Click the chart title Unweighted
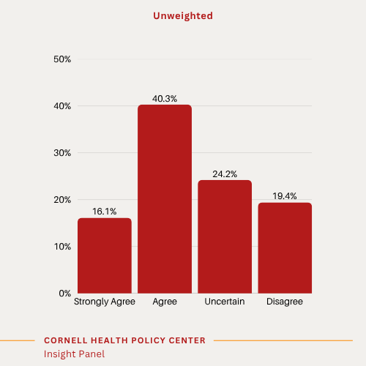pyautogui.click(x=182, y=15)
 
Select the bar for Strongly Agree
pyautogui.click(x=105, y=255)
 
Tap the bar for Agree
pyautogui.click(x=165, y=199)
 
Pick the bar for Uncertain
pyautogui.click(x=225, y=236)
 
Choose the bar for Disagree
pyautogui.click(x=285, y=248)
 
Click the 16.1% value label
pyautogui.click(x=105, y=211)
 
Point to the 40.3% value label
pyautogui.click(x=165, y=97)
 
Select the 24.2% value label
pyautogui.click(x=225, y=173)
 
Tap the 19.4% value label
pyautogui.click(x=285, y=195)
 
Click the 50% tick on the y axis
pyautogui.click(x=62, y=59)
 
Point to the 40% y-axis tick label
pyautogui.click(x=62, y=106)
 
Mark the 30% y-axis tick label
pyautogui.click(x=62, y=153)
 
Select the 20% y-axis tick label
pyautogui.click(x=62, y=200)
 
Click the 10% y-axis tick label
pyautogui.click(x=62, y=247)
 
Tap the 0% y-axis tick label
pyautogui.click(x=64, y=294)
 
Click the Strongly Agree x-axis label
pyautogui.click(x=105, y=302)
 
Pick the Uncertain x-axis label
pyautogui.click(x=225, y=302)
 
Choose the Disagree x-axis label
pyautogui.click(x=285, y=302)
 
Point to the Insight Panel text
pyautogui.click(x=74, y=354)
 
